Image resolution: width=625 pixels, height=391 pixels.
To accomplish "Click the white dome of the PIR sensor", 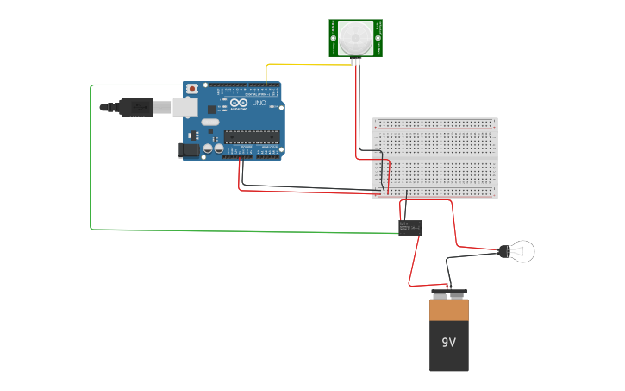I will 355,37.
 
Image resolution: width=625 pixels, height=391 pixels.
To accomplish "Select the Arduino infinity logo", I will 238,104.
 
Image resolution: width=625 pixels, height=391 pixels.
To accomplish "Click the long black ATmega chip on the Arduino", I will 252,136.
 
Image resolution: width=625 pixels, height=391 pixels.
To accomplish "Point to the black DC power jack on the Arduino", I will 187,150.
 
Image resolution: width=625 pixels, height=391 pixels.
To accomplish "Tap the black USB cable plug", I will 138,108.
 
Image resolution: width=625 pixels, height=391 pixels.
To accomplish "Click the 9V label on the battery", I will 448,343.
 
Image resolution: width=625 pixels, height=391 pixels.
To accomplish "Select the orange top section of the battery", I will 449,309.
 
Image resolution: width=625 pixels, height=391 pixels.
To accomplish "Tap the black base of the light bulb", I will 503,251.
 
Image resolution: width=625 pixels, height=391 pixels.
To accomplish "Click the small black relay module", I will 409,227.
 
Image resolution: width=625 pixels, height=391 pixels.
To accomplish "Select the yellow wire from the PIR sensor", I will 293,64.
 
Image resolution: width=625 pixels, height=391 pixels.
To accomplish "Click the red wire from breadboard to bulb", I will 454,226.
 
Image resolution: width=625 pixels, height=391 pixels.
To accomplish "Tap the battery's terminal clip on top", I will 449,293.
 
